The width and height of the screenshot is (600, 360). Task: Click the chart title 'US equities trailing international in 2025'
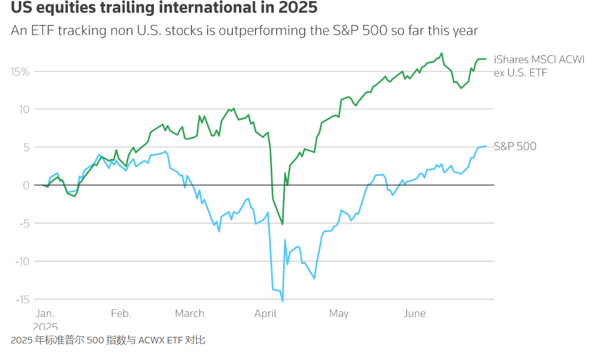(164, 9)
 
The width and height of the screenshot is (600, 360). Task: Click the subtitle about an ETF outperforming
(244, 30)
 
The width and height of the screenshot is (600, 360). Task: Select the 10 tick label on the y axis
(23, 109)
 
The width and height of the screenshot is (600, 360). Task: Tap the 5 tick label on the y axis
(25, 147)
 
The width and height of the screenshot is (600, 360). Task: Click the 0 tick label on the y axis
(25, 186)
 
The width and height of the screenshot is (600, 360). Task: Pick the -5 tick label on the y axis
(23, 224)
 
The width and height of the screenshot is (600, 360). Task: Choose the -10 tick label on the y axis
(20, 262)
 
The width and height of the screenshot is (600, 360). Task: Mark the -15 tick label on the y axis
(20, 300)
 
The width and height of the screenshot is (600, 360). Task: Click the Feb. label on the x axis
(121, 314)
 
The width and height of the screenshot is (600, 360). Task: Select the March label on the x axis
(189, 314)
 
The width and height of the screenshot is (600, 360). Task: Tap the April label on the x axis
(265, 314)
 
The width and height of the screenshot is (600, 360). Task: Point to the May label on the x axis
(338, 314)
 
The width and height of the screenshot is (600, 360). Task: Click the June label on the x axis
(414, 314)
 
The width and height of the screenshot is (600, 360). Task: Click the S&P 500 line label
(514, 146)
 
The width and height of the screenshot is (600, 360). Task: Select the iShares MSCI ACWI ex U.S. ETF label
(538, 66)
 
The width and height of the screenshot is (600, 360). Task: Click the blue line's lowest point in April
(283, 301)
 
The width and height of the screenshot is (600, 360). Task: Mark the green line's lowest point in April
(283, 224)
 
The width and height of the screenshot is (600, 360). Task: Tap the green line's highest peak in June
(442, 54)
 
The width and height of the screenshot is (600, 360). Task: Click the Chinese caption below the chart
(108, 340)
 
